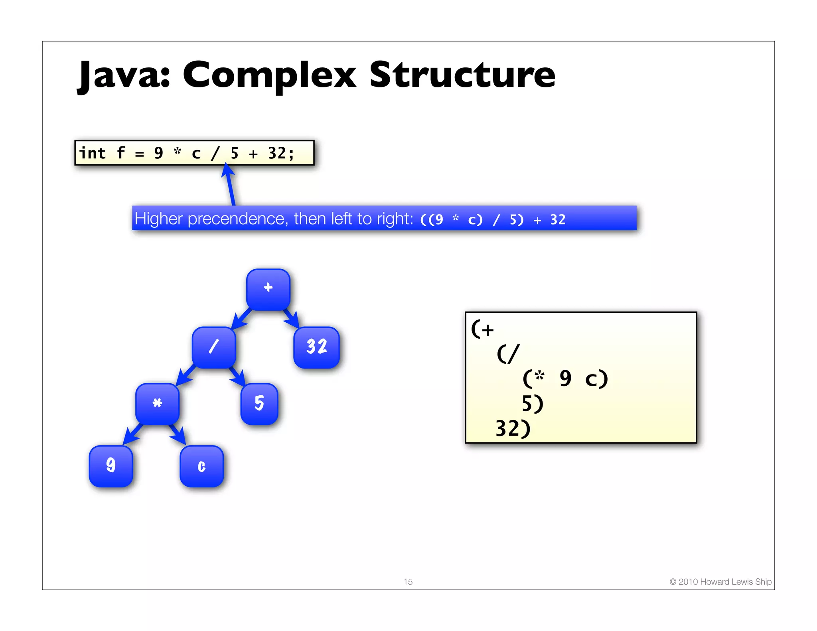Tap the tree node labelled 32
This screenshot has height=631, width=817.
(x=316, y=347)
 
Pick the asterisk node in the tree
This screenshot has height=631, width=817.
(x=157, y=404)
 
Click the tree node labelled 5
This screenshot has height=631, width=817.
(x=259, y=404)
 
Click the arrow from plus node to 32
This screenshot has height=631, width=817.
(x=291, y=319)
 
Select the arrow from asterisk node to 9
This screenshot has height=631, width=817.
(x=132, y=434)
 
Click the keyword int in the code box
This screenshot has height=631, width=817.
(x=93, y=153)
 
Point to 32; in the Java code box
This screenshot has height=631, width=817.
(x=281, y=153)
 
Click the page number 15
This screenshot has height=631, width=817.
(x=408, y=582)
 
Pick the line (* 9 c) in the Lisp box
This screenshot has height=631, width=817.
(x=565, y=379)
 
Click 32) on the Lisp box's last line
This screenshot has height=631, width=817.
(x=513, y=429)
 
